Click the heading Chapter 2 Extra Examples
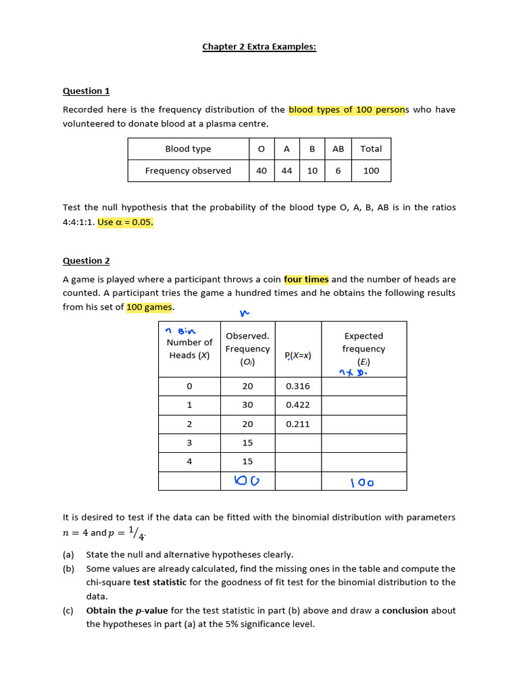[x=259, y=47]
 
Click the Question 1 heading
[x=86, y=91]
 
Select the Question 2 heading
[x=86, y=260]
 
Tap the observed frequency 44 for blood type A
[x=287, y=171]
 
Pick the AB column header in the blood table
[x=338, y=149]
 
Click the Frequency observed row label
[x=188, y=171]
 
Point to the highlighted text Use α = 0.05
[x=126, y=222]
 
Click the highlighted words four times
[x=306, y=279]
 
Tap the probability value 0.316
[x=298, y=386]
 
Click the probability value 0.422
[x=298, y=405]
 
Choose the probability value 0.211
[x=298, y=424]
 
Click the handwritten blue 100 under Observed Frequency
[x=246, y=480]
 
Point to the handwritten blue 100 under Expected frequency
[x=362, y=483]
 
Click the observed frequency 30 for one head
[x=247, y=405]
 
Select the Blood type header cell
[x=188, y=149]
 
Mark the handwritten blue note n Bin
[x=180, y=330]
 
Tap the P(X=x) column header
[x=298, y=355]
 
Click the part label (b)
[x=68, y=568]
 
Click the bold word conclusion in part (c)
[x=405, y=610]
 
